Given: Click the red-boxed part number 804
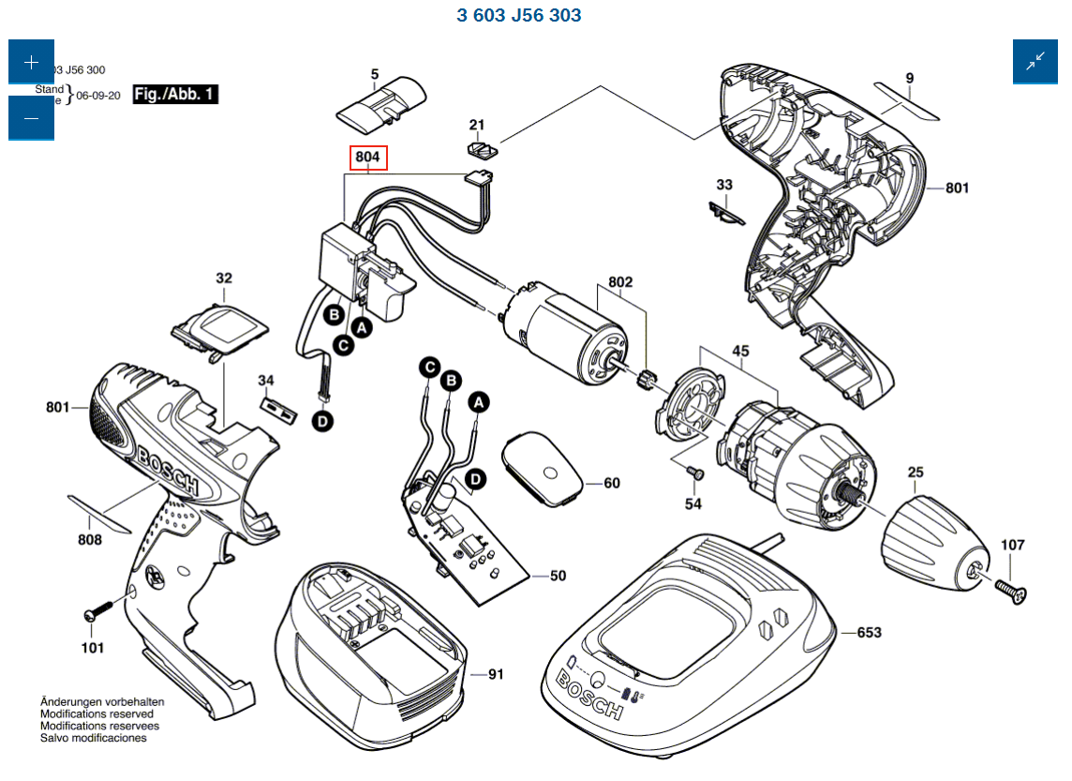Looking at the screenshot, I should pyautogui.click(x=368, y=158).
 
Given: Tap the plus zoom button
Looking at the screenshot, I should pyautogui.click(x=31, y=63).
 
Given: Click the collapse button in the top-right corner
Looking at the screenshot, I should pyautogui.click(x=1035, y=62).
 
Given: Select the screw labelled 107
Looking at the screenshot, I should pyautogui.click(x=1009, y=589).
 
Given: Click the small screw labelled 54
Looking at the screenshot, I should pyautogui.click(x=694, y=473).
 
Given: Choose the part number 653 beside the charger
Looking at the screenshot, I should pyautogui.click(x=869, y=633).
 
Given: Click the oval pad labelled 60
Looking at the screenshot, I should pyautogui.click(x=543, y=468).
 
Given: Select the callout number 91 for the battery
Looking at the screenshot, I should pyautogui.click(x=496, y=673).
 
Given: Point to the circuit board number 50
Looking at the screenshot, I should pyautogui.click(x=558, y=576).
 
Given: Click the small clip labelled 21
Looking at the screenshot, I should pyautogui.click(x=482, y=148).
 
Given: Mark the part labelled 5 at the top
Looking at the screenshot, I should pyautogui.click(x=380, y=106).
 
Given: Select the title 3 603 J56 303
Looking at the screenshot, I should pyautogui.click(x=519, y=16).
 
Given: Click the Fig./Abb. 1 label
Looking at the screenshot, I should pyautogui.click(x=175, y=95).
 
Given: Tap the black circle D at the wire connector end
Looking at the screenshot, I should pyautogui.click(x=323, y=423).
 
